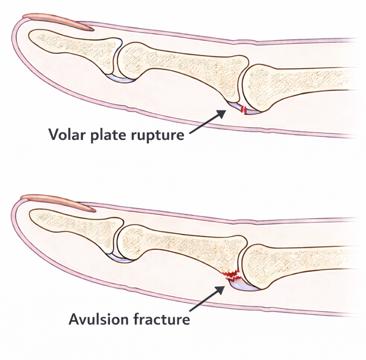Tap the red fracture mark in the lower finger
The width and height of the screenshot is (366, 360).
231,276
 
